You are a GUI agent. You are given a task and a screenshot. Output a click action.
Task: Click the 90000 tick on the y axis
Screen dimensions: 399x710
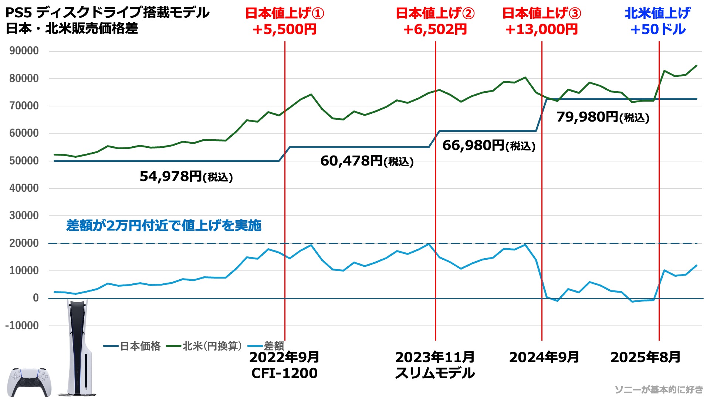pos(24,51)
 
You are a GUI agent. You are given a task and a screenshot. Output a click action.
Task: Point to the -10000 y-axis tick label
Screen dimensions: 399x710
pos(22,325)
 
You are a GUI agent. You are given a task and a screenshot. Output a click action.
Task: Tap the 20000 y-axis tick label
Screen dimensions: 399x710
pos(24,243)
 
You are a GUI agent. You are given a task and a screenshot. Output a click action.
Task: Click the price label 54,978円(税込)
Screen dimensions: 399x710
pos(186,177)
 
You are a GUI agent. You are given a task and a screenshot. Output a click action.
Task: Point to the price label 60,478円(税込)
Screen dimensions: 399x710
pos(367,161)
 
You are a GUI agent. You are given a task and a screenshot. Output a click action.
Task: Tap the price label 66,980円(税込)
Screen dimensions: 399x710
pos(488,146)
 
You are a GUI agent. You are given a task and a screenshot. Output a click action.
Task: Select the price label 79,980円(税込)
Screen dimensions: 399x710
pos(603,117)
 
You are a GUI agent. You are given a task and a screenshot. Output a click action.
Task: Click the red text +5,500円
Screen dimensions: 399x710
pos(284,29)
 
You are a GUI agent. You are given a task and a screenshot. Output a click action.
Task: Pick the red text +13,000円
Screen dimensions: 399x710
pos(541,29)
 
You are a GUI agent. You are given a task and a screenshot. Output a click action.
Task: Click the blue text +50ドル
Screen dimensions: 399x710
pos(658,29)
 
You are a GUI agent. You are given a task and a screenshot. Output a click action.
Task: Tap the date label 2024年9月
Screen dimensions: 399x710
pos(544,357)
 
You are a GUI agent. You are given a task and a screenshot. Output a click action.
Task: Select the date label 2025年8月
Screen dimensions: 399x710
pos(645,357)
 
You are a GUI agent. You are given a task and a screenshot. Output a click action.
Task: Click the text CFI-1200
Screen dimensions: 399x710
pos(284,373)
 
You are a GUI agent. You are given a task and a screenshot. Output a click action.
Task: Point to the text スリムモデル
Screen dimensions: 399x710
pos(435,373)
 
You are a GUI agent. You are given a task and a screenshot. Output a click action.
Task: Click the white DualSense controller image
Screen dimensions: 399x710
pos(29,382)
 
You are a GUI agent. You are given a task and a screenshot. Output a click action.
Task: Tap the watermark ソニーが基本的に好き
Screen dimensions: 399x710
pos(659,389)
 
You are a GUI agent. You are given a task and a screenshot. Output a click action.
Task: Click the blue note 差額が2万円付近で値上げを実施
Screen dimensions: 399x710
pos(164,225)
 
